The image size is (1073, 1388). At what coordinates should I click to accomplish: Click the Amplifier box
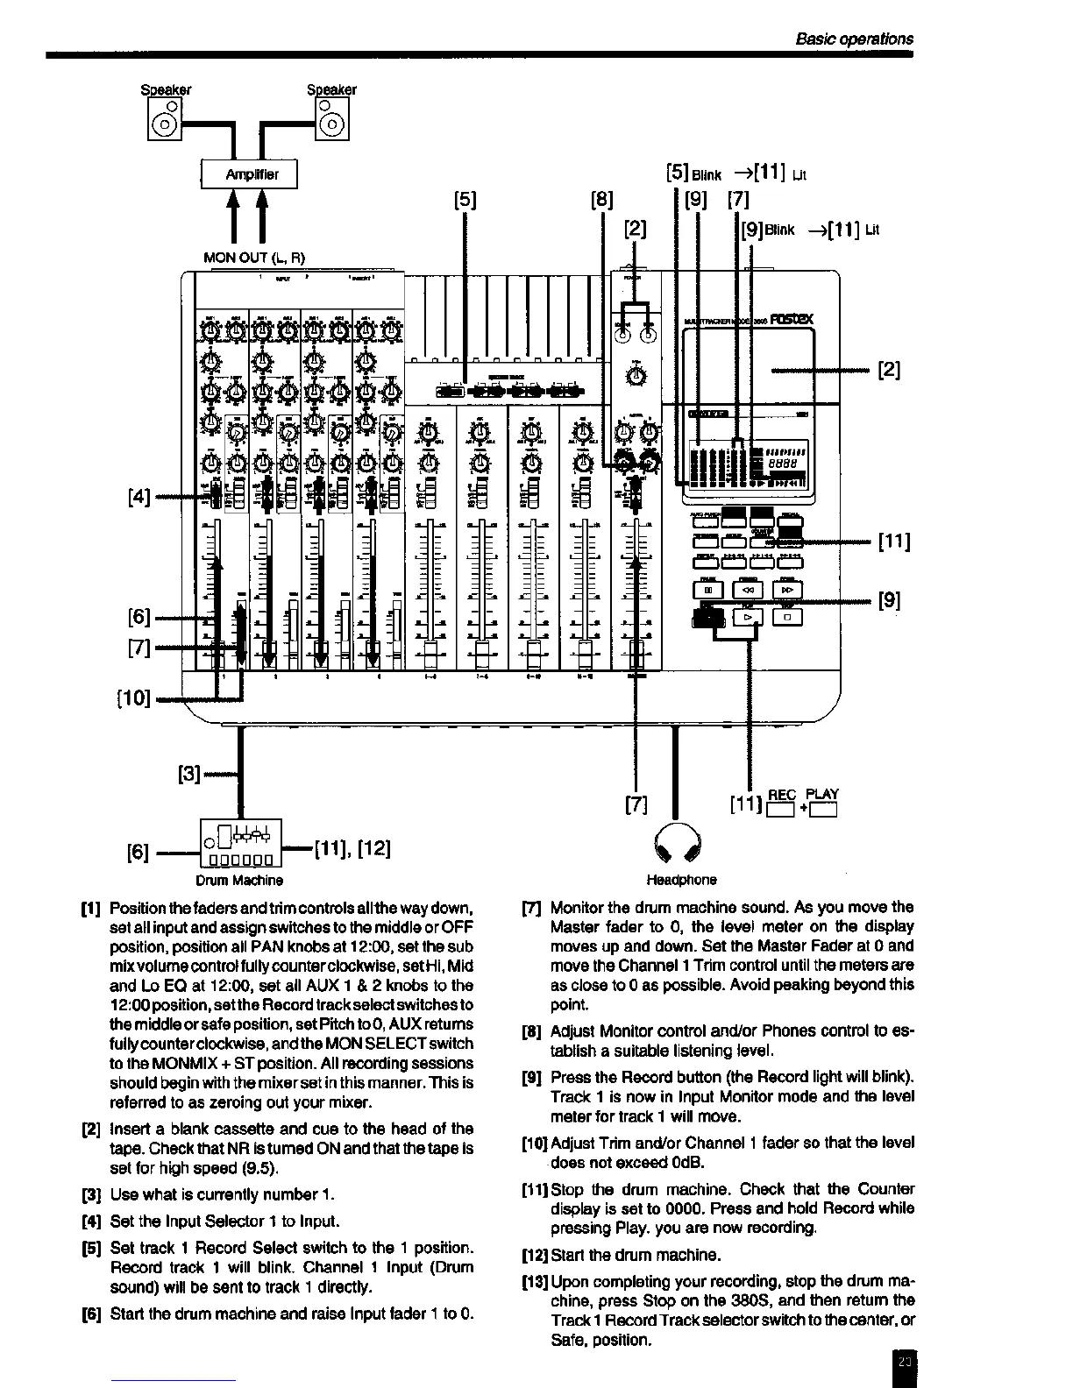tap(250, 173)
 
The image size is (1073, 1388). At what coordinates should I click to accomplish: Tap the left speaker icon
tap(165, 118)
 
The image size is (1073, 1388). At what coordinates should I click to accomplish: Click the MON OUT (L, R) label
tap(254, 258)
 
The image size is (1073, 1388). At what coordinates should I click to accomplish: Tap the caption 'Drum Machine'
tap(239, 879)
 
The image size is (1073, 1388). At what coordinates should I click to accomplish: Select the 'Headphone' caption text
tap(681, 879)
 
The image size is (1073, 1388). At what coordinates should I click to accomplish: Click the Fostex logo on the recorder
tap(792, 320)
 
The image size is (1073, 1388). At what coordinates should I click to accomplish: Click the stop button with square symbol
tap(788, 618)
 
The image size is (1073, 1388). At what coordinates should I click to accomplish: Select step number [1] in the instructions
tap(89, 907)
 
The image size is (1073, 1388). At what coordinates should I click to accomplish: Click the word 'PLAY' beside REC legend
tap(822, 795)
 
